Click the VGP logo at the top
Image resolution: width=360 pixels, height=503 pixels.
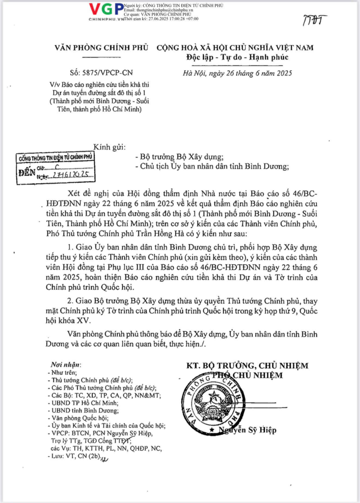pyautogui.click(x=106, y=10)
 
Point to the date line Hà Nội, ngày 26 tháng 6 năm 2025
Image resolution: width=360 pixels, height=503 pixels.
pyautogui.click(x=237, y=74)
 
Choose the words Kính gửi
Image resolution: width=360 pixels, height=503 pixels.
pyautogui.click(x=110, y=147)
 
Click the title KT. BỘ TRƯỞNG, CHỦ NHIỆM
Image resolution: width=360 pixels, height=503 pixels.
pyautogui.click(x=247, y=365)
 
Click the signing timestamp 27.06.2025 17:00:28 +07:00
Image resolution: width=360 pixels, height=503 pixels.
pyautogui.click(x=167, y=19)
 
